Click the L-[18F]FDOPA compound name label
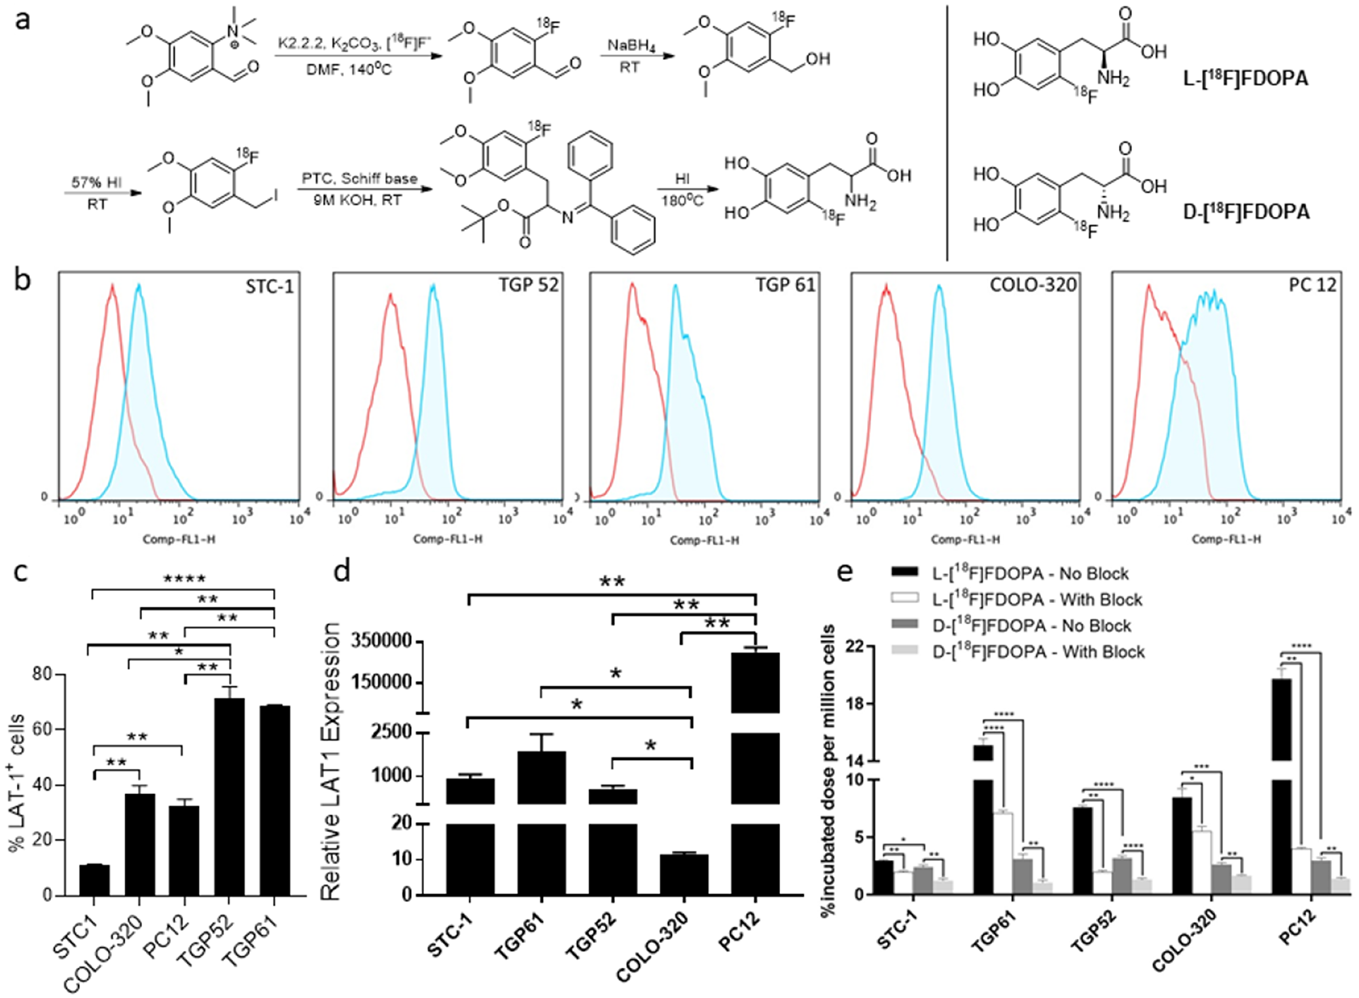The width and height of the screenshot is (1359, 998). click(1245, 79)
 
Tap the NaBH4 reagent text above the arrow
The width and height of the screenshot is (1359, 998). click(631, 46)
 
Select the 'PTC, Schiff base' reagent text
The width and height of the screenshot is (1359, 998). click(359, 179)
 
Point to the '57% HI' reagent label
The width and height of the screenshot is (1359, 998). click(96, 182)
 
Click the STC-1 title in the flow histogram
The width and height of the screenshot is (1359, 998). click(270, 287)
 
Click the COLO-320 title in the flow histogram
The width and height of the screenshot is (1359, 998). click(1033, 285)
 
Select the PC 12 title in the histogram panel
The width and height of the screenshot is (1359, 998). click(1312, 285)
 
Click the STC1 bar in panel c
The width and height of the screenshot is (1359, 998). click(94, 880)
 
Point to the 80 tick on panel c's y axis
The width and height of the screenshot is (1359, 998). click(42, 674)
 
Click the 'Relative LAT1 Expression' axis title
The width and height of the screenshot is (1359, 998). click(330, 761)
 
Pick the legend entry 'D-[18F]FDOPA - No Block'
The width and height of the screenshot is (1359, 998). click(1031, 625)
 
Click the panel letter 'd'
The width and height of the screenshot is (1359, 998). click(342, 571)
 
